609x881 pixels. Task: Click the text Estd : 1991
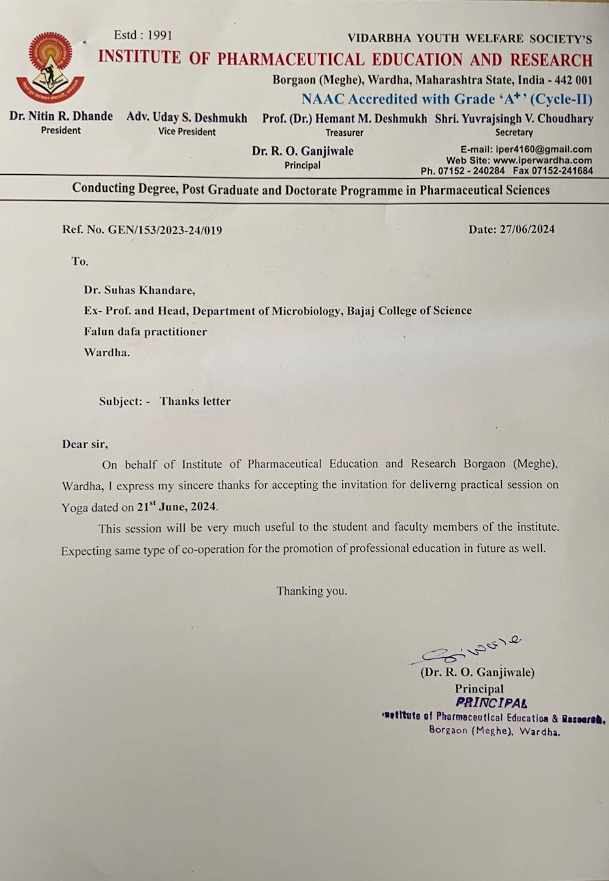tap(142, 35)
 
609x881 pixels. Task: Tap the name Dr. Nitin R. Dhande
tap(61, 117)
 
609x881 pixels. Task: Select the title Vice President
tap(187, 132)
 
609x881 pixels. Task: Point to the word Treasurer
tap(344, 132)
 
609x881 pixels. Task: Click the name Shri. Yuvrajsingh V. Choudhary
tap(514, 119)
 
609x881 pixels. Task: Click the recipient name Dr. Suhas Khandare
tap(139, 290)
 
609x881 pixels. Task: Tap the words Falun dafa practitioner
tap(145, 332)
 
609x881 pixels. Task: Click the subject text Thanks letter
tap(195, 401)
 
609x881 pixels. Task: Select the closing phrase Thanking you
tap(311, 591)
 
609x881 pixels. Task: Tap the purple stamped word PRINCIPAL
tap(491, 703)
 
